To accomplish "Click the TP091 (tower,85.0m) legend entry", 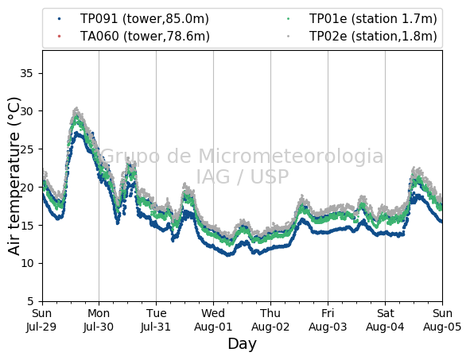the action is pos(134,19).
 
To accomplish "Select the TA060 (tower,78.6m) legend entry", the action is pos(134,37).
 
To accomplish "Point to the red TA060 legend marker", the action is pos(60,37).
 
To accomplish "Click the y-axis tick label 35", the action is pos(26,73).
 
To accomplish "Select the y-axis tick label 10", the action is pos(26,263).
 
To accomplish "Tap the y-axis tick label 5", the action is pos(30,301).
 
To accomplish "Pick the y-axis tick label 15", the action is pos(26,225).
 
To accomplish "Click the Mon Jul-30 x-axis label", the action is pos(99,319).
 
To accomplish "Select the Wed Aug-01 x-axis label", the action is pos(213,319).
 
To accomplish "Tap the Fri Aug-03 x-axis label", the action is pos(328,319).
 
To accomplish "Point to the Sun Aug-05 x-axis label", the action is pos(442,319).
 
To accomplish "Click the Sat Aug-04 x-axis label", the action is pos(385,319).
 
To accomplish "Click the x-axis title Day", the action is pos(243,344).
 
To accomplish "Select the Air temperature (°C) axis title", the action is pos(14,176).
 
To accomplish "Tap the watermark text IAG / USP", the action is pos(243,176).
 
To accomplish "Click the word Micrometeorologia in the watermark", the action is pos(290,156).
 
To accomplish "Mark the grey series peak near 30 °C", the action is pos(76,108).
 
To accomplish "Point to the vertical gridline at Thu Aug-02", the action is pos(270,176).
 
